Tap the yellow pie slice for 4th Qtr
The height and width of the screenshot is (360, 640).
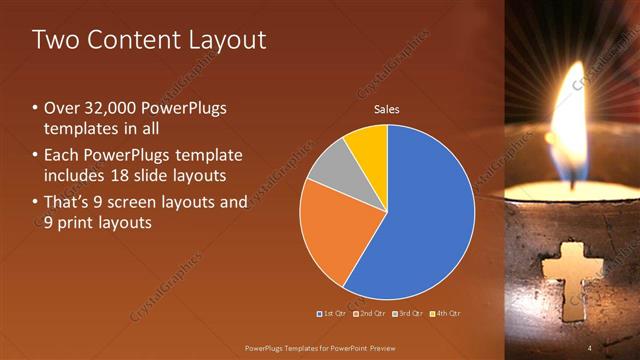[368, 146]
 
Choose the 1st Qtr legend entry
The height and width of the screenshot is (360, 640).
[331, 314]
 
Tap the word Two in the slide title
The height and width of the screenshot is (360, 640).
[54, 40]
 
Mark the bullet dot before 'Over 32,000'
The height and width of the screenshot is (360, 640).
[35, 107]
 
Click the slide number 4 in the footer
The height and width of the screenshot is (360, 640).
[589, 347]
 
